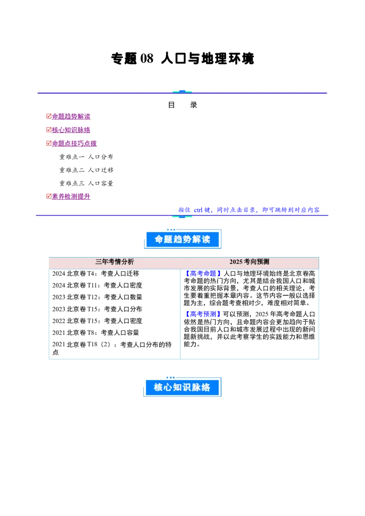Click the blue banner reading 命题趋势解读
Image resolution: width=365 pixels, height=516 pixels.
click(182, 239)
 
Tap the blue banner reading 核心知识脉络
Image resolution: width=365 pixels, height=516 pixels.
click(182, 387)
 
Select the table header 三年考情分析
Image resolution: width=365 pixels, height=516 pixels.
click(115, 262)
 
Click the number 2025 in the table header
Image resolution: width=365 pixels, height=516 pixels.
click(236, 262)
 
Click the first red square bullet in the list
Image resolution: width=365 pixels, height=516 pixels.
click(48, 117)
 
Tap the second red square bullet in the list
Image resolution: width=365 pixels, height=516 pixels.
click(48, 130)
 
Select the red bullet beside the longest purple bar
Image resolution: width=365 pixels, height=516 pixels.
click(48, 143)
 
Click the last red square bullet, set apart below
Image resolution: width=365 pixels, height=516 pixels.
click(48, 196)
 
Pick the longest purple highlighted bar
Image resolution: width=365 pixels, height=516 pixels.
click(74, 144)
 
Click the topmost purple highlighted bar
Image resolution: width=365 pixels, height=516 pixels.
click(71, 117)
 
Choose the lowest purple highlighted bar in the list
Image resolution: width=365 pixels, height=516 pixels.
click(71, 196)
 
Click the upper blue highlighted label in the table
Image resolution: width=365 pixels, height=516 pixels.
click(203, 273)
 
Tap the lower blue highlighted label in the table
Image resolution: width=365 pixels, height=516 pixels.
click(203, 314)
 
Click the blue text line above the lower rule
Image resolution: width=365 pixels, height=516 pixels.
click(249, 210)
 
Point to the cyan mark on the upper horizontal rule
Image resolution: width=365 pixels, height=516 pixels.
click(182, 92)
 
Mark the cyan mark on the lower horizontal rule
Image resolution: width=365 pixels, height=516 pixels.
click(182, 216)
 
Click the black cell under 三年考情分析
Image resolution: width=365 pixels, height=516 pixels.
click(115, 314)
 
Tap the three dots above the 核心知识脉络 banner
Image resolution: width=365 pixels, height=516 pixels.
click(171, 377)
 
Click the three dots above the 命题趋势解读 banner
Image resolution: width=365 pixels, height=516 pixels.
click(171, 229)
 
